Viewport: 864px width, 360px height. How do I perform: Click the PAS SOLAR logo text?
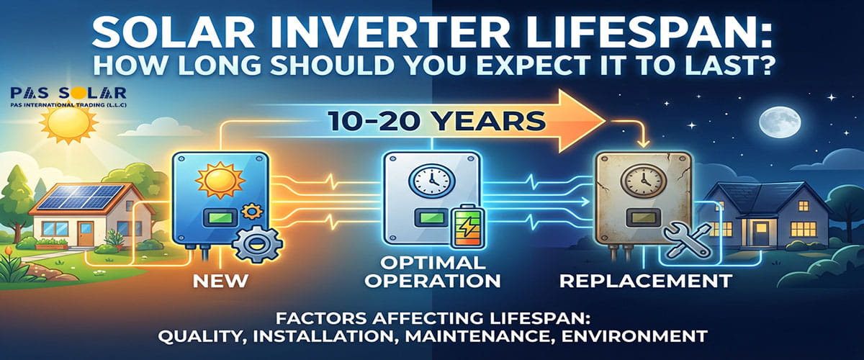pyautogui.click(x=69, y=93)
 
